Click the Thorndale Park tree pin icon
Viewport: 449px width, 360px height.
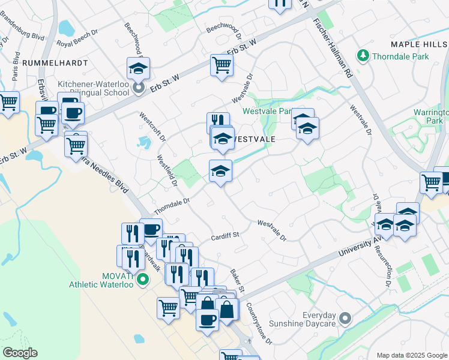pos(363,56)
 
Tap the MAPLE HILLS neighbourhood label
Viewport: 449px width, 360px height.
pos(419,44)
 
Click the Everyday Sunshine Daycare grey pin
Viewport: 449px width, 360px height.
pos(345,317)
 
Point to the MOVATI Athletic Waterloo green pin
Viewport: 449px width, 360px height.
pos(143,279)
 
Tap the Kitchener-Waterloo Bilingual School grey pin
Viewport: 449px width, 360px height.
pos(139,89)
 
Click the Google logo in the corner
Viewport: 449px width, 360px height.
pos(19,353)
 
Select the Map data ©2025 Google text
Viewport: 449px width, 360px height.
pos(411,355)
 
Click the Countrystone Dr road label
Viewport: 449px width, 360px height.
pos(259,323)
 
